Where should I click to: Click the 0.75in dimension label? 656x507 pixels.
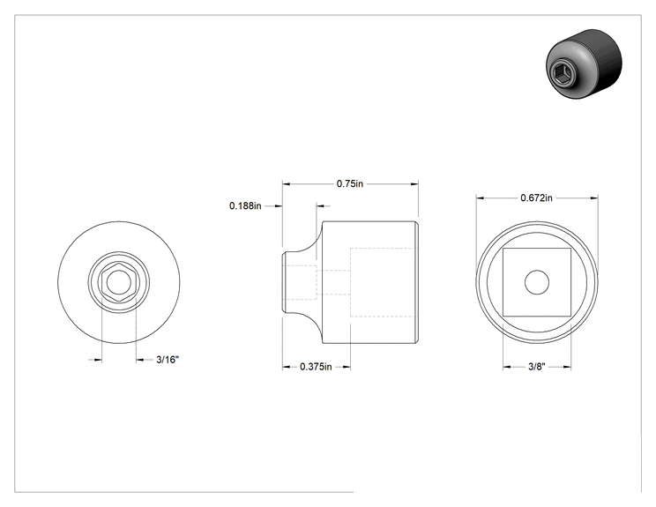pos(350,183)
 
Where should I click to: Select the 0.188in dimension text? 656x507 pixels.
pos(245,205)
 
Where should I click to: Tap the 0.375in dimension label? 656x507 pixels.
pos(316,367)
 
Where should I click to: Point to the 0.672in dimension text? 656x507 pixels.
pos(536,198)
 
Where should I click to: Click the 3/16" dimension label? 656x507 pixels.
pos(168,360)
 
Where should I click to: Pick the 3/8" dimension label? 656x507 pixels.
pos(537,367)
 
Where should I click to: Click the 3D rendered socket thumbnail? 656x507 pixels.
pos(584,64)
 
